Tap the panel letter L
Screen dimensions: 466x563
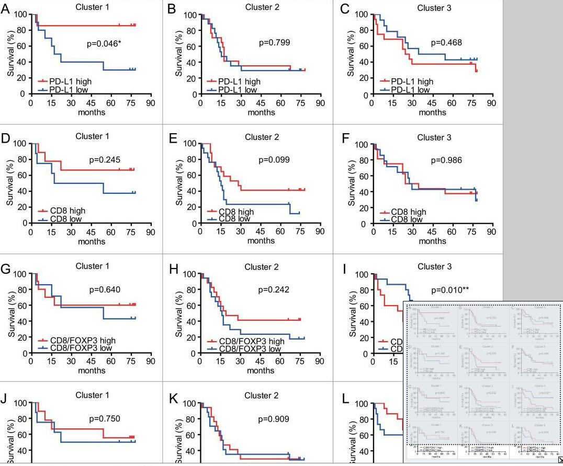pos(345,400)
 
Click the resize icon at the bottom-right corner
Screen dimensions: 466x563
pos(559,461)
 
